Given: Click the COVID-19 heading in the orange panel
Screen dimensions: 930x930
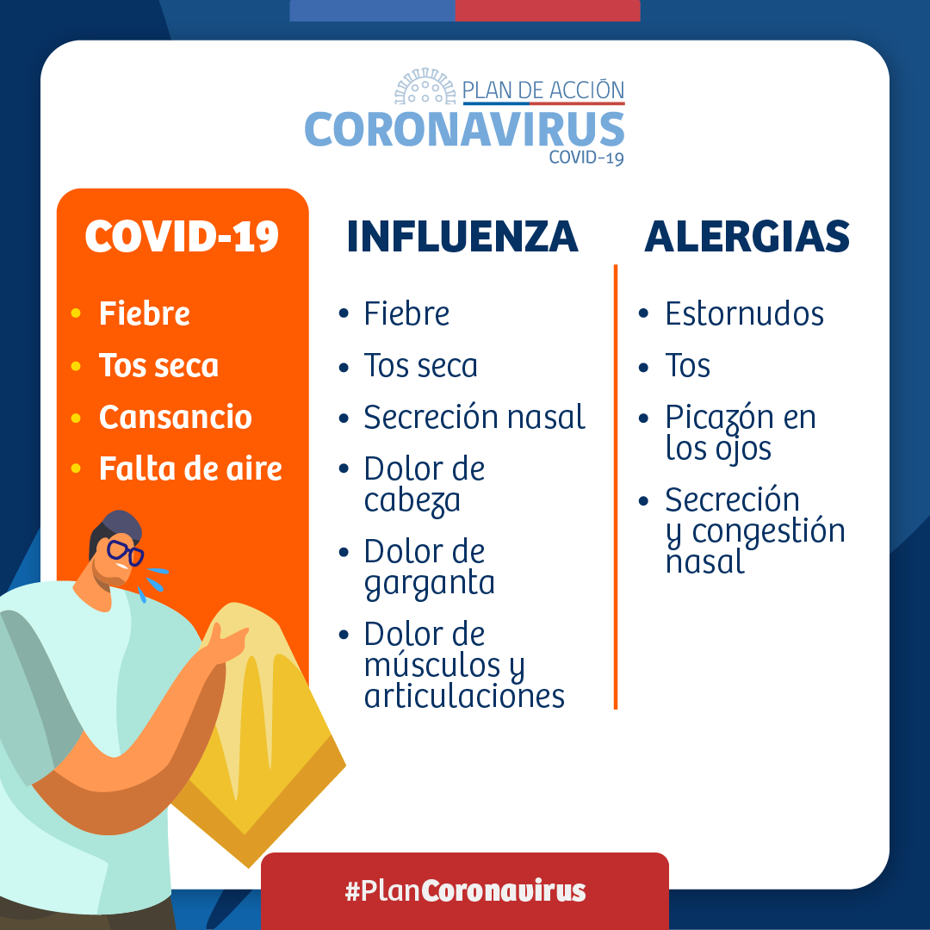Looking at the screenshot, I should point(182,236).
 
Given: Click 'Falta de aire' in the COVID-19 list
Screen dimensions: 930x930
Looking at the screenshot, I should point(190,468).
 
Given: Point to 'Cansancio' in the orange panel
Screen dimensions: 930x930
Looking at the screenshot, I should point(175,417).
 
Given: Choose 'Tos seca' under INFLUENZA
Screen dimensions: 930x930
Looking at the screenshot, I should point(420,366).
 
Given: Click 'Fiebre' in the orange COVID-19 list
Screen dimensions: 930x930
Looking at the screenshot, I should point(144,313).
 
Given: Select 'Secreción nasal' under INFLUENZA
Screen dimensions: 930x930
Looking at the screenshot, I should point(474,418).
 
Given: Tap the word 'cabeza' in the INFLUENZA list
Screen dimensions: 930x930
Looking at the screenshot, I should point(412,500).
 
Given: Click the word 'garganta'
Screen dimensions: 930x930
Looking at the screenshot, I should point(429,584).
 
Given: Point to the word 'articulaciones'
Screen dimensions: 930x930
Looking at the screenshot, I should point(464,696).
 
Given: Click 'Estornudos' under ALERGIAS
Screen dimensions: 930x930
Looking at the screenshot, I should point(744,313).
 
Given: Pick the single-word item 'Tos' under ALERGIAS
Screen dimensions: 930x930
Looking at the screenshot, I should point(687,366).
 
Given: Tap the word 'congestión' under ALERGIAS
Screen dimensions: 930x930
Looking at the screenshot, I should point(768,531).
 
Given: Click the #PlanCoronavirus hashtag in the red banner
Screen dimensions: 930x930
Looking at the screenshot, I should point(465,890).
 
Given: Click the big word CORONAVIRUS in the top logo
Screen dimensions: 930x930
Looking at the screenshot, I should point(464,129).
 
